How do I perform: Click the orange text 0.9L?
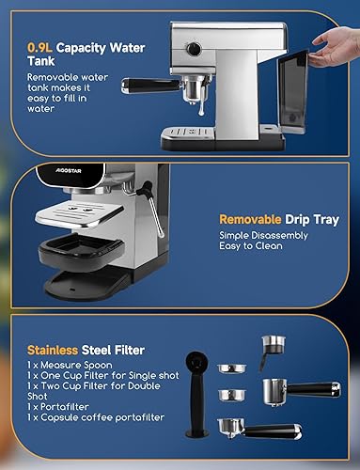(x=39, y=48)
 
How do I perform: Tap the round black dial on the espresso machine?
(x=194, y=49)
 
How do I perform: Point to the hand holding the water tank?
(x=335, y=46)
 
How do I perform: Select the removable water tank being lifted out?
(x=292, y=91)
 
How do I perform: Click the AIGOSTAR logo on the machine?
(x=69, y=171)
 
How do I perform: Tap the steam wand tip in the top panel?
(x=201, y=111)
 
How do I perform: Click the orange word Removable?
(x=250, y=219)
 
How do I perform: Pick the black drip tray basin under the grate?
(x=81, y=250)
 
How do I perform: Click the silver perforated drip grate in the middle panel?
(x=79, y=214)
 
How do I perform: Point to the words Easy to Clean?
(x=251, y=246)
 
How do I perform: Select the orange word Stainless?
(x=53, y=350)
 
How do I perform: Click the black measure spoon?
(x=196, y=394)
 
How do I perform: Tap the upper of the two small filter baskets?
(x=232, y=368)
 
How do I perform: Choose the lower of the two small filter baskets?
(x=232, y=396)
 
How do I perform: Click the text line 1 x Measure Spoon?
(x=70, y=365)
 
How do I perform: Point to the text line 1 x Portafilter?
(x=58, y=407)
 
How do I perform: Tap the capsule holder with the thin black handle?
(x=272, y=352)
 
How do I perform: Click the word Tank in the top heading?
(x=41, y=61)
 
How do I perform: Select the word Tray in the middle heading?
(x=325, y=220)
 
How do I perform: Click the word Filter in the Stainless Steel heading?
(x=129, y=350)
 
